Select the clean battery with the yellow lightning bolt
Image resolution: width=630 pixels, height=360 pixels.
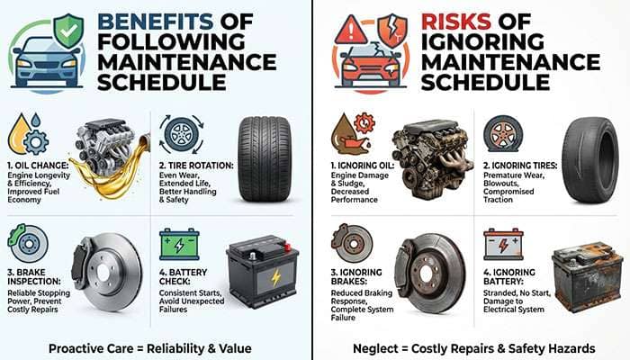click(x=262, y=274)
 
